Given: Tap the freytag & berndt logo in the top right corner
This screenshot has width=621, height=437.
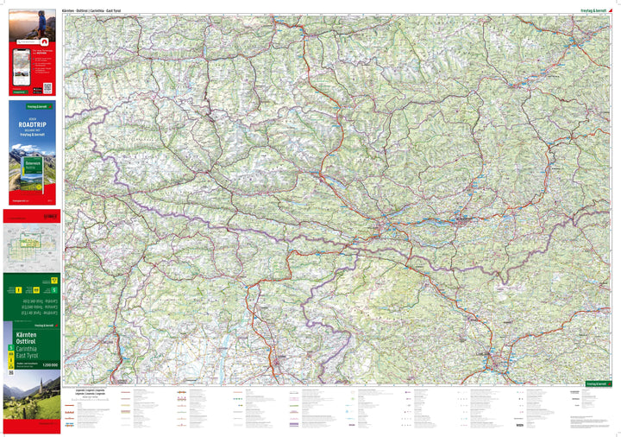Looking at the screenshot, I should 594,9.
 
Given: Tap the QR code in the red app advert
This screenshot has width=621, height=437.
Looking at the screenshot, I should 47,87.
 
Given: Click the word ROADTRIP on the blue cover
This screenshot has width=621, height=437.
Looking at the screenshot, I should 32,124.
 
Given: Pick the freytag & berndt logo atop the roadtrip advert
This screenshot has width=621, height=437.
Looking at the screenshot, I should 32,107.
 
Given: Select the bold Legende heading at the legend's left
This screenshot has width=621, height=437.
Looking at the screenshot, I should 73,389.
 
